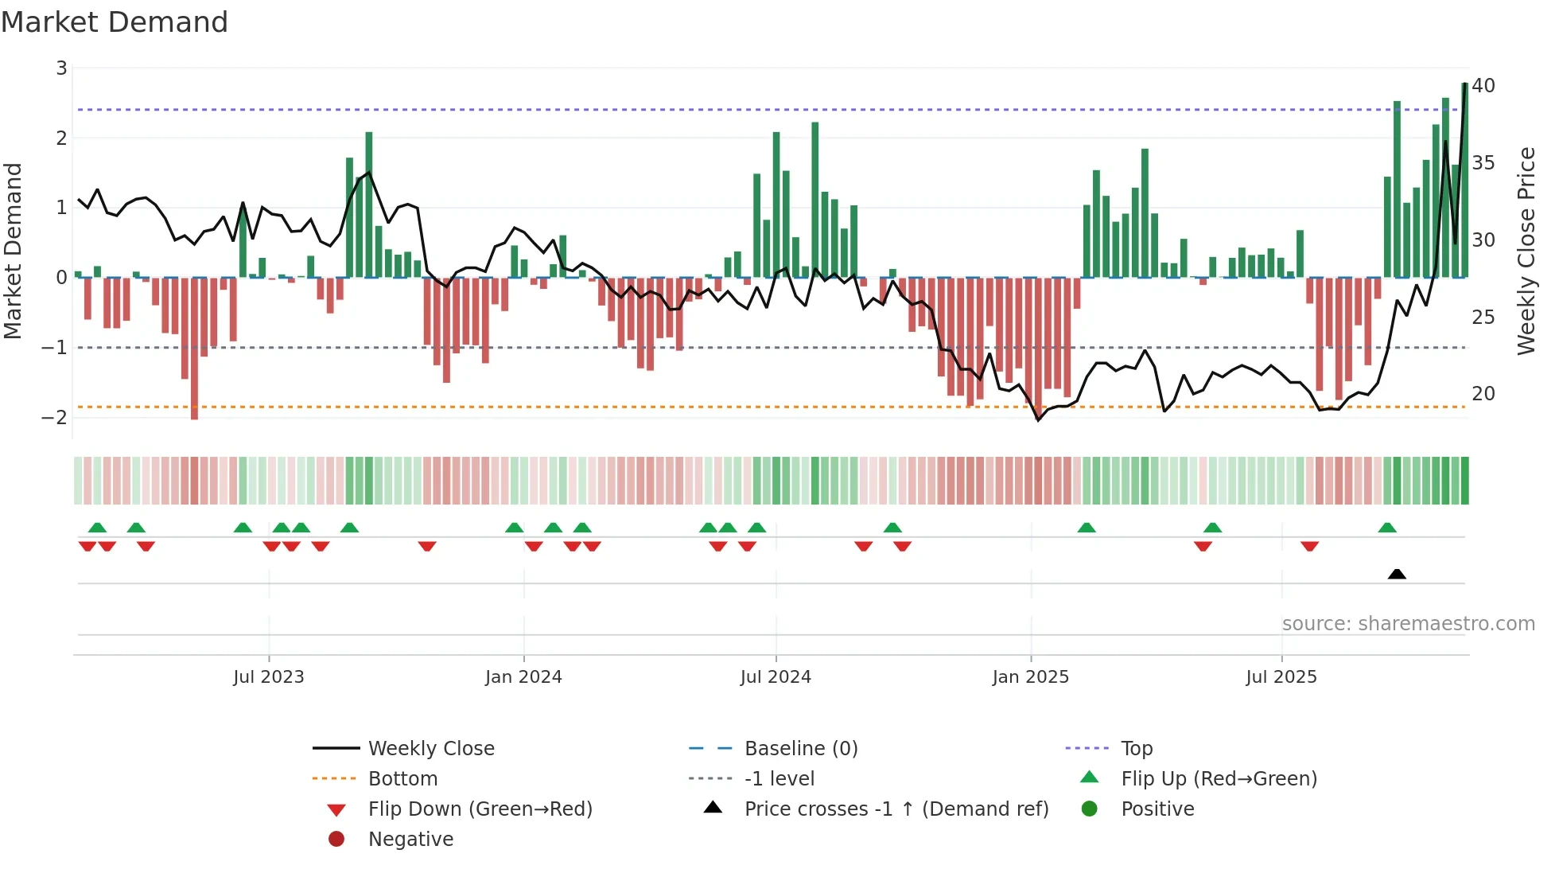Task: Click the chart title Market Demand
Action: [x=115, y=22]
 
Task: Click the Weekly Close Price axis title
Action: [x=1526, y=251]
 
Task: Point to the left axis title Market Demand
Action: [x=13, y=251]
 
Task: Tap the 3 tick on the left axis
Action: [x=61, y=68]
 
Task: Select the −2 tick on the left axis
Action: [x=55, y=417]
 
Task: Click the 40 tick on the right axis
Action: [x=1483, y=86]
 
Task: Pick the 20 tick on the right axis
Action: [x=1483, y=394]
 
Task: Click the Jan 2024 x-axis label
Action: [x=523, y=677]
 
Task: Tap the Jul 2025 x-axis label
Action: [x=1281, y=677]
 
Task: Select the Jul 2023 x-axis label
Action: [x=269, y=677]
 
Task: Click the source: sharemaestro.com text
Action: [x=1408, y=624]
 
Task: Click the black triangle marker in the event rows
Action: [x=1397, y=574]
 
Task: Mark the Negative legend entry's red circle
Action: [x=336, y=840]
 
